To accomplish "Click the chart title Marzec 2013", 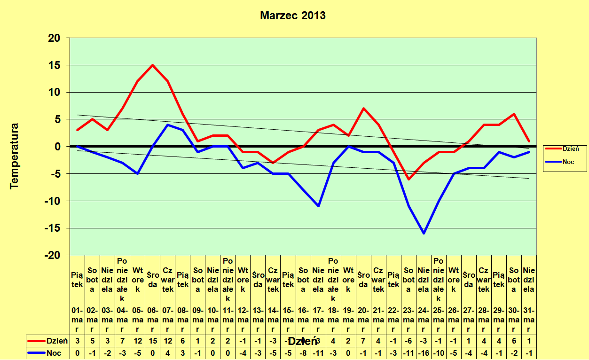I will point(292,16).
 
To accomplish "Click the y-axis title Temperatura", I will point(15,156).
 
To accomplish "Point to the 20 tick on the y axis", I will point(55,38).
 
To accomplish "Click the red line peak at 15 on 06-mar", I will point(152,65).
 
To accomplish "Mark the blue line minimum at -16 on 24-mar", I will point(424,233).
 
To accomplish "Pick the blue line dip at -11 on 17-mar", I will point(318,206).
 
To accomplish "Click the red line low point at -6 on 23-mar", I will point(408,179).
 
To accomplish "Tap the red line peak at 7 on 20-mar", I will point(363,109).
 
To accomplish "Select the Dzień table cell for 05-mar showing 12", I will point(137,341).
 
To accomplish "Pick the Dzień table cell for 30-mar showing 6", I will point(514,341).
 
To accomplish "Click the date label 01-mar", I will point(77,320).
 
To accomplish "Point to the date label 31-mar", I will point(529,320).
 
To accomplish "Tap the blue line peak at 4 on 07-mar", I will point(167,125).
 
